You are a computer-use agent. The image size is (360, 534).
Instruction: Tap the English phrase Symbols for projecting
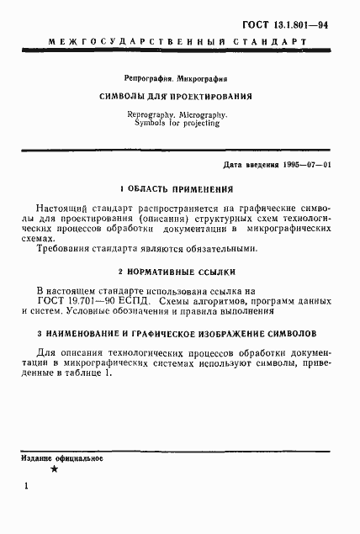click(176, 123)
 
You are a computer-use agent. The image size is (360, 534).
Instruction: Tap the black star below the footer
click(54, 469)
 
